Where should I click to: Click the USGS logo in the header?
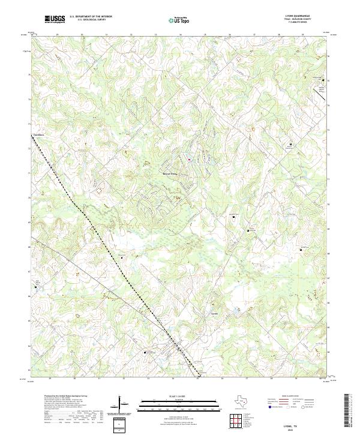point(55,19)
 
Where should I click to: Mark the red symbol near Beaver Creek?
point(190,159)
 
